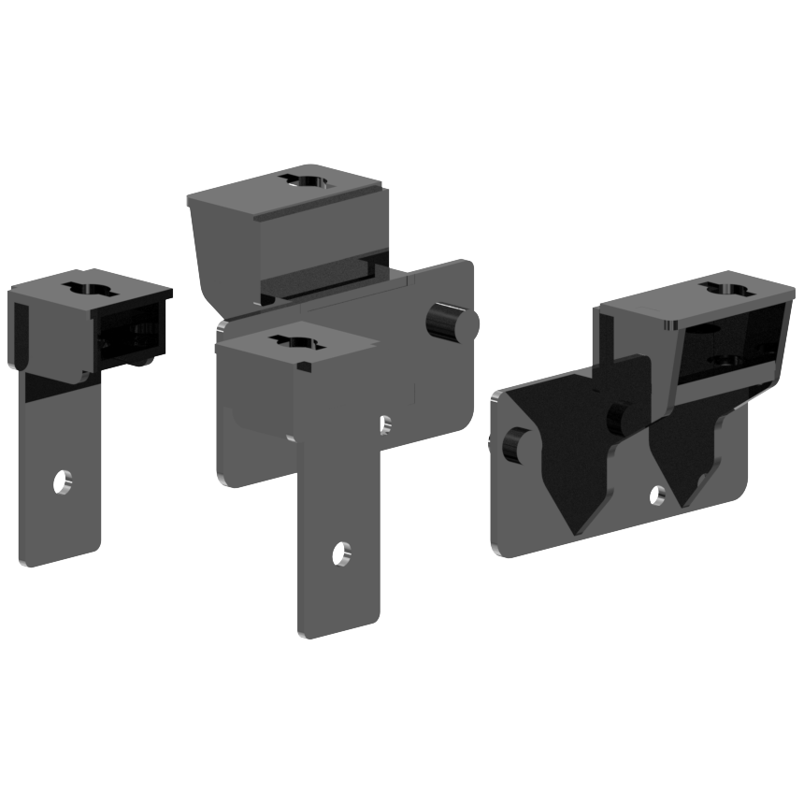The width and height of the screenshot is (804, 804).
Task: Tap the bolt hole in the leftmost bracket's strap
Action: click(62, 481)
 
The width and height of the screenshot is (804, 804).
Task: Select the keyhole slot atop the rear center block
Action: click(309, 180)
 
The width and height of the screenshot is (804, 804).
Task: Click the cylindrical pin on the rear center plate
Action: click(452, 322)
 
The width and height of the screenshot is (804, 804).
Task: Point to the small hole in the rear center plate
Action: click(385, 425)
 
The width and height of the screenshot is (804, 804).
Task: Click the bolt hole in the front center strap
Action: click(341, 553)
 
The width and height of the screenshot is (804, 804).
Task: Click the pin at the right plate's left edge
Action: click(512, 445)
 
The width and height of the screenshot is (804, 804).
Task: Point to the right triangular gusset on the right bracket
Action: click(690, 449)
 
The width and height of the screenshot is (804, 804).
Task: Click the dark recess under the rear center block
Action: click(318, 280)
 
